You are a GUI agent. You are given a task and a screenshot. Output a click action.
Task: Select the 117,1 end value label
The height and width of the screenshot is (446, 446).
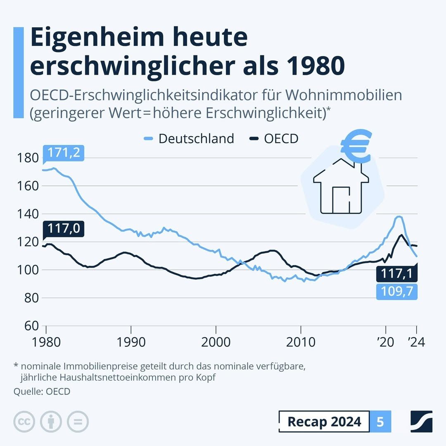pos(397,273)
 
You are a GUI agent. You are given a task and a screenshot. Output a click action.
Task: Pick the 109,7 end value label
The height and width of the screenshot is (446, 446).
pos(397,292)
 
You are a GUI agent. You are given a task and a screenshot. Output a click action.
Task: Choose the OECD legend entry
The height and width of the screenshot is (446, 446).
pos(274,138)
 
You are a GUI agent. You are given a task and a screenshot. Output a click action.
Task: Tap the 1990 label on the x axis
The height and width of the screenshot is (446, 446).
pos(131,342)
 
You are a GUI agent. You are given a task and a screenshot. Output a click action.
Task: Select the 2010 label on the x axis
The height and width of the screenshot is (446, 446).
pos(301,342)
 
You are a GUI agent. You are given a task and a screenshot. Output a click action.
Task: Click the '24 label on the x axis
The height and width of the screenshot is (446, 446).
pos(416,342)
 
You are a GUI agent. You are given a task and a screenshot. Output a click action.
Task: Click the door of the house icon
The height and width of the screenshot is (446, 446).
pos(341,200)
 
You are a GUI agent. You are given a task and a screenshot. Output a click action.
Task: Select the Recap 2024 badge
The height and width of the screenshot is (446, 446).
pos(324,422)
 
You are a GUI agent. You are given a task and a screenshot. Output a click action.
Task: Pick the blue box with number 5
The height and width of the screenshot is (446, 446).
pos(380,422)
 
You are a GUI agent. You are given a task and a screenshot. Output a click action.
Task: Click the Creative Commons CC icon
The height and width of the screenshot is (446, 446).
pos(24,422)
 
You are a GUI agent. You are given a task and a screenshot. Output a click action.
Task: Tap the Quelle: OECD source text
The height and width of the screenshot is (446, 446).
pos(42,391)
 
